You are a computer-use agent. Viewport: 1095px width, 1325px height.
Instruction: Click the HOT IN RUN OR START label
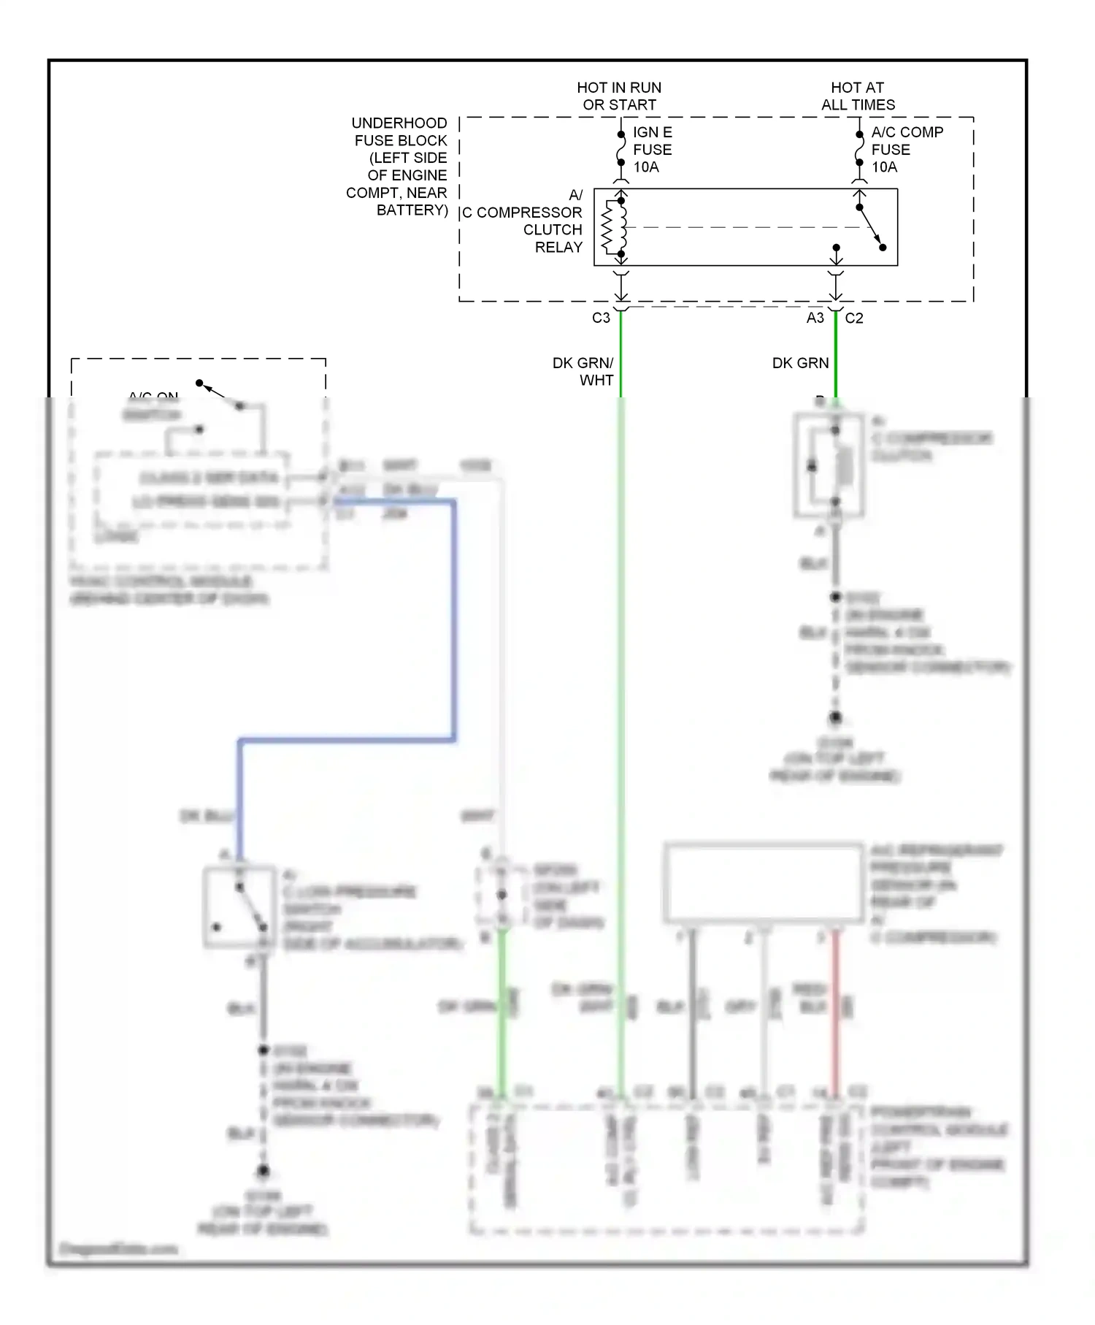(x=619, y=96)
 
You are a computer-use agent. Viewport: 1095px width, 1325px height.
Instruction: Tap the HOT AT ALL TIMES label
(x=858, y=96)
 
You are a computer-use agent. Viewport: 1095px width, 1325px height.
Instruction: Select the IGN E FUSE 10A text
(x=652, y=150)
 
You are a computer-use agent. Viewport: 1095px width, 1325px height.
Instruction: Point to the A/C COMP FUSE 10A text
(x=906, y=150)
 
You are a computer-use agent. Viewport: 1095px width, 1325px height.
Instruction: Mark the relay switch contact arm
(x=871, y=227)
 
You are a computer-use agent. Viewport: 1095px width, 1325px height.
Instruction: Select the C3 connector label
(x=600, y=318)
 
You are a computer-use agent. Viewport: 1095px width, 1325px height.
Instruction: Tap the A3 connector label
(x=815, y=318)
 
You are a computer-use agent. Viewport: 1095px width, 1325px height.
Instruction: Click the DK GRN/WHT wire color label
(x=584, y=371)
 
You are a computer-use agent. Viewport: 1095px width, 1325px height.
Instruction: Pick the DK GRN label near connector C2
(x=800, y=363)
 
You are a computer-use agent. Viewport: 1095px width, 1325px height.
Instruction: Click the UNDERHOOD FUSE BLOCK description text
(x=399, y=167)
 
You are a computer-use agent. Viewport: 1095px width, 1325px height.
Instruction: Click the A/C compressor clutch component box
(x=829, y=466)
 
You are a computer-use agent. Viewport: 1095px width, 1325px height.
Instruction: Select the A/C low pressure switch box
(x=239, y=908)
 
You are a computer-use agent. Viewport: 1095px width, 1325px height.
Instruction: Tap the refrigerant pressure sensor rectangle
(x=764, y=883)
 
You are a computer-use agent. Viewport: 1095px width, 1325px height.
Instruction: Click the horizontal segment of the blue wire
(x=347, y=741)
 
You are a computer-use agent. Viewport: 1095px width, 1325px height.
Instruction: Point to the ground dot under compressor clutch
(x=835, y=718)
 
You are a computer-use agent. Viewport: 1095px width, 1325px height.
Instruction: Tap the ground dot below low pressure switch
(x=263, y=1172)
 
